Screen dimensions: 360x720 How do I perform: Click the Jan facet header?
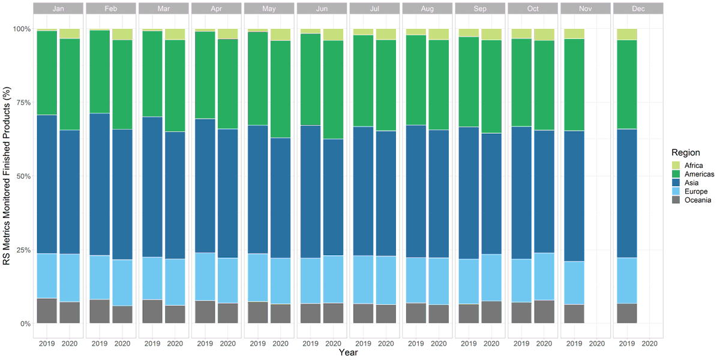point(58,8)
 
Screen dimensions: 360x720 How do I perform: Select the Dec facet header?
point(638,8)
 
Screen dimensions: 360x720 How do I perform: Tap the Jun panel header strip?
point(322,8)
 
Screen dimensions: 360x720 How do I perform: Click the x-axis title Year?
point(348,353)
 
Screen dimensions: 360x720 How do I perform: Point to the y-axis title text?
point(7,176)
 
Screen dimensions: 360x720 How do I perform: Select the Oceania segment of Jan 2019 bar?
point(47,311)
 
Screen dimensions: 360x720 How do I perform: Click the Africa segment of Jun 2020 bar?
point(333,34)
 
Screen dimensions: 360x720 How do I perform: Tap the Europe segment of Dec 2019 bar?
point(627,280)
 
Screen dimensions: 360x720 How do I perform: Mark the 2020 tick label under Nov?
point(596,344)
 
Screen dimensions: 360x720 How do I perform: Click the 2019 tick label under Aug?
point(416,344)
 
